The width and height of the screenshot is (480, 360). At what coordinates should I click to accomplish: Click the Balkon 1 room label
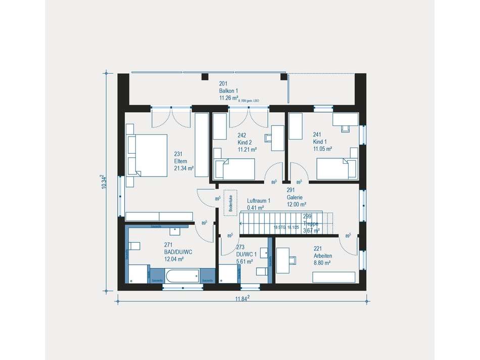[228, 91]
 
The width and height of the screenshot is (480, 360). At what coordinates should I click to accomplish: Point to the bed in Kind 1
[337, 168]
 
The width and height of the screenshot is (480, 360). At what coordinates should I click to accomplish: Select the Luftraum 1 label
[258, 200]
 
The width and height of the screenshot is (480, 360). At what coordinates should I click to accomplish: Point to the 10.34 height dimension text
[104, 182]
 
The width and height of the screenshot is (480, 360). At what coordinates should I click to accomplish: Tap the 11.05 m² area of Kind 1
[322, 149]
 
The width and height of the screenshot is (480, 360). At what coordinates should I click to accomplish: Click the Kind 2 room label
[245, 143]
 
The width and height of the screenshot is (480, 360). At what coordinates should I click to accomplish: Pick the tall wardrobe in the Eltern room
[201, 145]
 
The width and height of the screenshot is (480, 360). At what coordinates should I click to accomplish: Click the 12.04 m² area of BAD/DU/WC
[174, 259]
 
